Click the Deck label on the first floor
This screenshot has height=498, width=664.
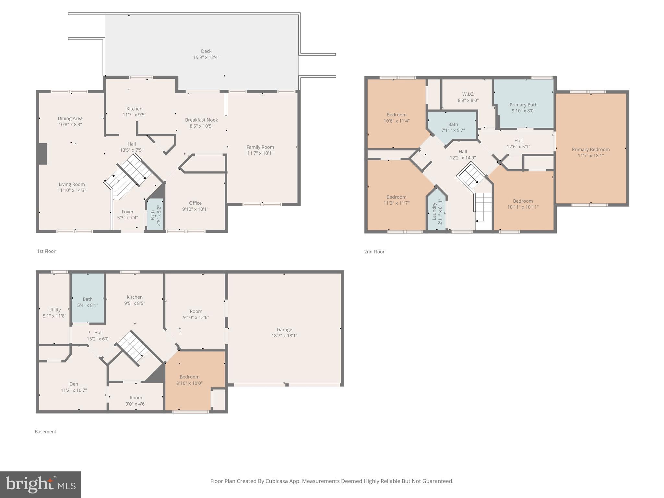click(x=206, y=51)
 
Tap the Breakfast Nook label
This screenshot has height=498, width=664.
click(x=201, y=120)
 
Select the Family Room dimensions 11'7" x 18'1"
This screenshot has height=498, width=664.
click(x=260, y=153)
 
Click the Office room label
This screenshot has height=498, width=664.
click(x=195, y=203)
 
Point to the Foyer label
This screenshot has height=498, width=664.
click(x=127, y=212)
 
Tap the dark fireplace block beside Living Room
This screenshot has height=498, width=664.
click(x=42, y=154)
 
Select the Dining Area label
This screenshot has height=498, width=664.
click(x=70, y=118)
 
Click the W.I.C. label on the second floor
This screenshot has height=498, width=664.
click(x=468, y=94)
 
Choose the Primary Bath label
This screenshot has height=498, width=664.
click(x=523, y=105)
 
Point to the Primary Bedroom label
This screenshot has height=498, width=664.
click(x=590, y=149)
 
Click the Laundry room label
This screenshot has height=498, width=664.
click(x=434, y=211)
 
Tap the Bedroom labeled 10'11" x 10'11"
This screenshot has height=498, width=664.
click(x=523, y=204)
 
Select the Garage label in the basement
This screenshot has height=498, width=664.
click(x=284, y=329)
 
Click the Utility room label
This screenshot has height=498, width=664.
click(x=54, y=310)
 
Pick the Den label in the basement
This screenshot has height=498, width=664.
click(x=74, y=384)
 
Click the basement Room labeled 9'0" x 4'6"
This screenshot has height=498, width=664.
click(x=136, y=401)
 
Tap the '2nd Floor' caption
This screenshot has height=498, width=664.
click(x=374, y=252)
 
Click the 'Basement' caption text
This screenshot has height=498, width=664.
click(x=45, y=432)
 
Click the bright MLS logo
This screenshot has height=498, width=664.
click(x=41, y=484)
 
